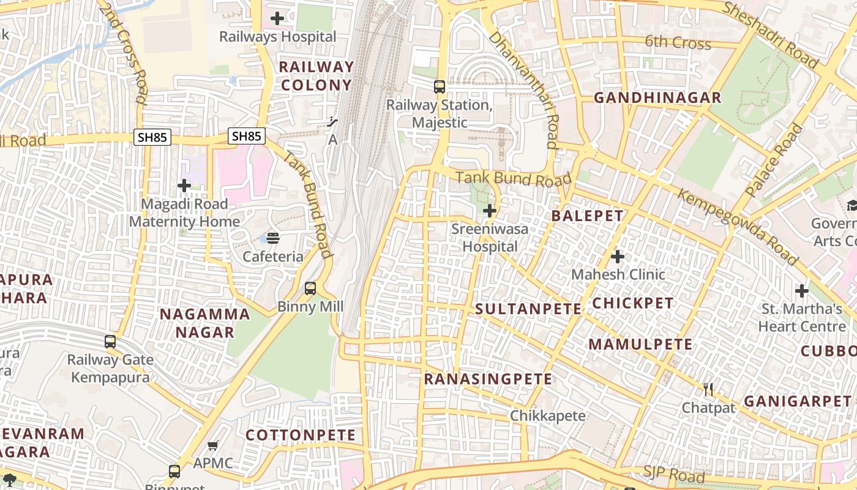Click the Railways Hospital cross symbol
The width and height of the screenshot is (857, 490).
click(277, 18)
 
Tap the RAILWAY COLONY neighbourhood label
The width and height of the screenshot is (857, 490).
click(316, 76)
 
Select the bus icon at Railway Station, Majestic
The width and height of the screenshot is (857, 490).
click(440, 87)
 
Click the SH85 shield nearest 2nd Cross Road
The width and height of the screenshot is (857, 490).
click(152, 137)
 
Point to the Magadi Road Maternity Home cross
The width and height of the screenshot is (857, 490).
click(184, 186)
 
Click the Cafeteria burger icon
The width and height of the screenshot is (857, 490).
click(273, 238)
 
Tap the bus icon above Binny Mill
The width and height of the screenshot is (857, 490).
click(310, 288)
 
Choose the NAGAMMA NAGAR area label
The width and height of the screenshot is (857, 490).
click(204, 323)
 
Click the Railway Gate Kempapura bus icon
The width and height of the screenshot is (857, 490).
click(110, 342)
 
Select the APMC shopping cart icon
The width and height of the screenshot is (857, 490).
click(213, 446)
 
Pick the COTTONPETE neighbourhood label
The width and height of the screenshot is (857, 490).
click(301, 435)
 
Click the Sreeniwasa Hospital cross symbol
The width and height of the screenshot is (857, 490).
click(490, 211)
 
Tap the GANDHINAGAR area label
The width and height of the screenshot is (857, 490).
click(657, 98)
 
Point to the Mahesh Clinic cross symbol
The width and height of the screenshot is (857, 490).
click(618, 256)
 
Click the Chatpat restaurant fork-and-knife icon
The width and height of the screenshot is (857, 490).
click(708, 390)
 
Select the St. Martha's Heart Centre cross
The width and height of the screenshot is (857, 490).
click(802, 290)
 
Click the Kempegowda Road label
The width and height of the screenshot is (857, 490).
click(737, 227)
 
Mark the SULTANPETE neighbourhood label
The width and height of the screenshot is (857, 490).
click(528, 309)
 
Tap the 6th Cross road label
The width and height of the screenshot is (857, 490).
click(678, 42)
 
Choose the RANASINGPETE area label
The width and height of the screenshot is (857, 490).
click(488, 379)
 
